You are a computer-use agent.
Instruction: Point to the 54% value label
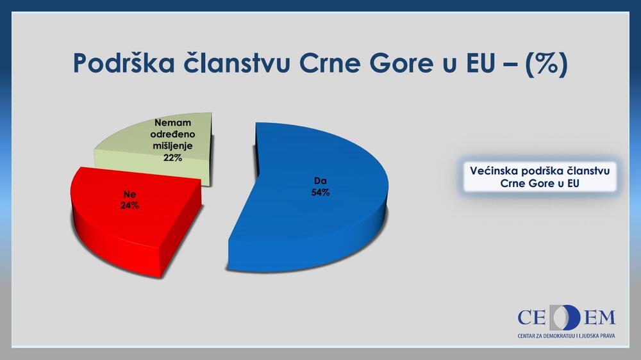click(320, 192)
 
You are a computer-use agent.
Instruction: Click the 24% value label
click(129, 206)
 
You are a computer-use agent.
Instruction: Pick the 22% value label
click(172, 158)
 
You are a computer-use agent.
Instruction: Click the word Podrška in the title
click(124, 63)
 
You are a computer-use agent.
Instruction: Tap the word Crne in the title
click(330, 63)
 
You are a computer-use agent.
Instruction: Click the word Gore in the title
click(401, 63)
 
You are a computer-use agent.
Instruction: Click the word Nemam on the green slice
click(173, 122)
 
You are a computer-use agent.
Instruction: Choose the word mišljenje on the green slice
click(173, 146)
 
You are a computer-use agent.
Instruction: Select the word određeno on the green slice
click(173, 134)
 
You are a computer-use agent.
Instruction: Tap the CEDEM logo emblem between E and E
click(565, 317)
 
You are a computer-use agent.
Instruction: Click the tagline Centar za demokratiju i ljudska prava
click(566, 336)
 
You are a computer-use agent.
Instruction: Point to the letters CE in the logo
click(532, 318)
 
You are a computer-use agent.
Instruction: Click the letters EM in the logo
click(599, 318)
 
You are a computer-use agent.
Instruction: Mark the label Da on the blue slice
click(320, 181)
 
